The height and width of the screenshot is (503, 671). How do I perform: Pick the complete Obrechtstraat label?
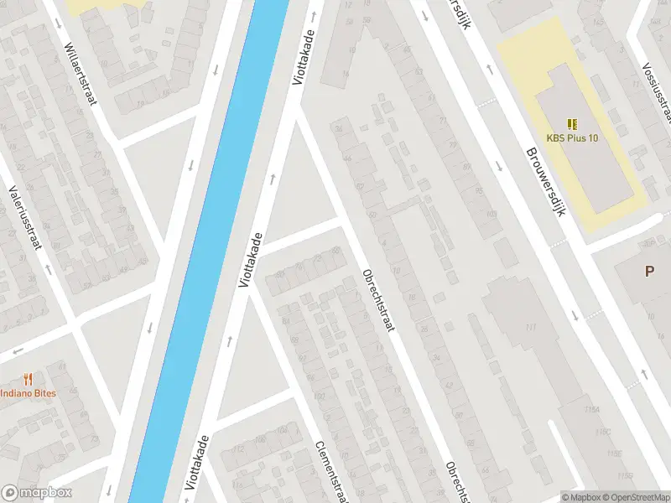[377, 299]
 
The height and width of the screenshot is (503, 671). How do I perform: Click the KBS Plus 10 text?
[572, 138]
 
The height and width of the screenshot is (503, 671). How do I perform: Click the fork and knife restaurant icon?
[28, 378]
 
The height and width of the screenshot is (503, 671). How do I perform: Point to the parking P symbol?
[648, 271]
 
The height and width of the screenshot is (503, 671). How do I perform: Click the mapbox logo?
[37, 493]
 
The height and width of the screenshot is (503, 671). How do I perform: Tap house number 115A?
[591, 408]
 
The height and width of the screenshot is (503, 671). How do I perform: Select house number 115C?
[602, 432]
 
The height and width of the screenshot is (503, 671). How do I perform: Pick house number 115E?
[613, 454]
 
